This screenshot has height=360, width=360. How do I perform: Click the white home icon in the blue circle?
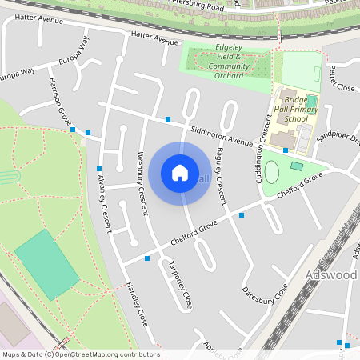pyautogui.click(x=180, y=173)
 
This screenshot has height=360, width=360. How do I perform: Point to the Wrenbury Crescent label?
pyautogui.click(x=142, y=182)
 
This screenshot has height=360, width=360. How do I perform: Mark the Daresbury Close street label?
pyautogui.click(x=265, y=292)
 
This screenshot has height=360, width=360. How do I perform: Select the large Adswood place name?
pyautogui.click(x=332, y=275)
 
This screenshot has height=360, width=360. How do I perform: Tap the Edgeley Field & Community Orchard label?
pyautogui.click(x=218, y=64)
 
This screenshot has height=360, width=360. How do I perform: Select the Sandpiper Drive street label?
pyautogui.click(x=338, y=138)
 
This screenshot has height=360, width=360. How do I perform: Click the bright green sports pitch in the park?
pyautogui.click(x=47, y=265)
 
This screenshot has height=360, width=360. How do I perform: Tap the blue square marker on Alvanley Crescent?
pyautogui.click(x=99, y=169)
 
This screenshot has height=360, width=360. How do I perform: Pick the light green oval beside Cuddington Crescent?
pyautogui.click(x=272, y=171)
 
